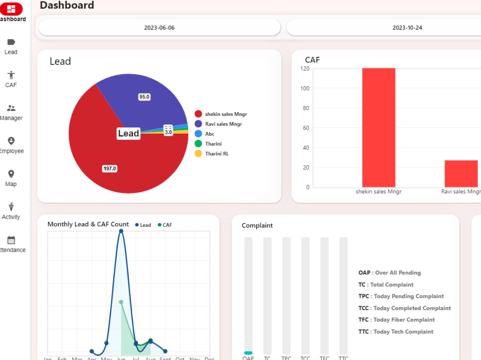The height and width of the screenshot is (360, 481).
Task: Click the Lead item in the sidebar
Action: coord(11,47)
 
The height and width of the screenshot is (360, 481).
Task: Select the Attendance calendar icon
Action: coord(11,240)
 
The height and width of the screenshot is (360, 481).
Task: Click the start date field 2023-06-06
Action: coord(159,28)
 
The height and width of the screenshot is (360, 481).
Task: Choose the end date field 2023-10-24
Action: coord(407,28)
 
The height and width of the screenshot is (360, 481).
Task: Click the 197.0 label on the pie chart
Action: coord(110,169)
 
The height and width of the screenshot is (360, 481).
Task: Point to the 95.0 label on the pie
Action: coord(144,97)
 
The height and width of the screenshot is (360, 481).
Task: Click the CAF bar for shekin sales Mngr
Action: coord(379,127)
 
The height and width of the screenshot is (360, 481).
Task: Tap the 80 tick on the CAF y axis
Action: coord(306,108)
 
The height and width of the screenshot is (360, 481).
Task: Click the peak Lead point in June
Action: coord(121,231)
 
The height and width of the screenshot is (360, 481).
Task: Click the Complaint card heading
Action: coord(257,225)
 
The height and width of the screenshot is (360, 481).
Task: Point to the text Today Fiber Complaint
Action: coord(404,320)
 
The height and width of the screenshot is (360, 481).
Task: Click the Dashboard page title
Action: coord(67,6)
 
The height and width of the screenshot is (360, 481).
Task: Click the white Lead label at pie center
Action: coord(128,134)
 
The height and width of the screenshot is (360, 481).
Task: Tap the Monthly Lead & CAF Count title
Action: coord(88,224)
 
